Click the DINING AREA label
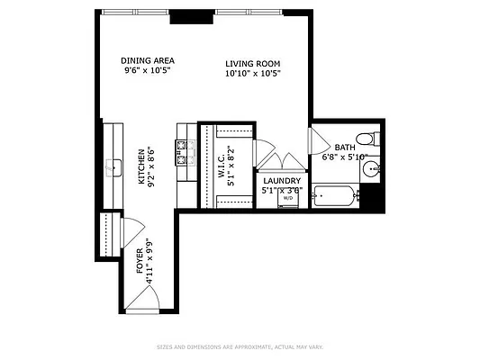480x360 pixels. pyautogui.click(x=148, y=61)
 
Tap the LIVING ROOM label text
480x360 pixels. pyautogui.click(x=253, y=64)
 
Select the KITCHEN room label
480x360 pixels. pyautogui.click(x=141, y=166)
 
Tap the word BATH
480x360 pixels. pyautogui.click(x=345, y=148)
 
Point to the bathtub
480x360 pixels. pyautogui.click(x=335, y=194)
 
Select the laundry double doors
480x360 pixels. pyautogui.click(x=281, y=162)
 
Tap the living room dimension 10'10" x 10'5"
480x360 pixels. pyautogui.click(x=253, y=74)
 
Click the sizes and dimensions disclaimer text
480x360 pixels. pyautogui.click(x=240, y=346)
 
